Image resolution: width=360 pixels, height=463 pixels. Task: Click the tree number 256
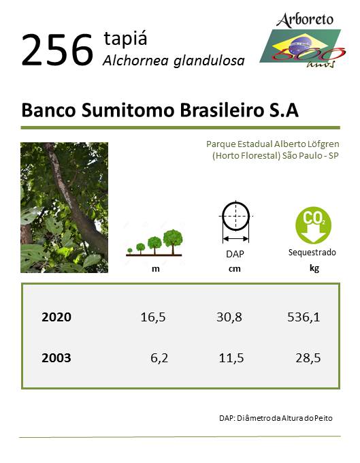coord(57,49)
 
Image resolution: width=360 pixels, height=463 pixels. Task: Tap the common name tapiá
coord(125,38)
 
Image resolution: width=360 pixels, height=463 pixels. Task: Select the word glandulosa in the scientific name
coord(209,61)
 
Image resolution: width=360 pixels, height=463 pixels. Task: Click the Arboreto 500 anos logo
coord(303,40)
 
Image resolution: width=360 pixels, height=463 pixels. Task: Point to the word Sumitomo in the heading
coord(128,110)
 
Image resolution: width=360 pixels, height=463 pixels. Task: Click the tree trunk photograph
coord(65,207)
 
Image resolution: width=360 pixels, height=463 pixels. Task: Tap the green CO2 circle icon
coord(313,225)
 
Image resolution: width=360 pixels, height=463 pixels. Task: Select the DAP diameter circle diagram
coord(235,222)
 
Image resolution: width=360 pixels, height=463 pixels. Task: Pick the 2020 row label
coord(56,317)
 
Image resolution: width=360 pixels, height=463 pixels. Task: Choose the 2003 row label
coord(56,358)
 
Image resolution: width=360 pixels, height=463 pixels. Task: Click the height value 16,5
coord(153,317)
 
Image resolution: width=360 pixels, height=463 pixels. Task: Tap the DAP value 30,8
coord(229,317)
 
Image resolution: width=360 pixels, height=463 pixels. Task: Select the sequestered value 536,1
coord(304,317)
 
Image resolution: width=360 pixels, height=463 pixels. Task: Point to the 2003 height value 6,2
coord(159,358)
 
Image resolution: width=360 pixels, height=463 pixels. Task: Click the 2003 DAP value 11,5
coord(231,358)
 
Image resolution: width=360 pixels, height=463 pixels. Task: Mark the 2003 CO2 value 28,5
coord(308,358)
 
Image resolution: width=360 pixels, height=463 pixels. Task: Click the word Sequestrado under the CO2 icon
coord(312,253)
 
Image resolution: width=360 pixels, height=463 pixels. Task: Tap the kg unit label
coord(314,268)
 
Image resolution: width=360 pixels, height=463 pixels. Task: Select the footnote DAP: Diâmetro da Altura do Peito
coord(276,418)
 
